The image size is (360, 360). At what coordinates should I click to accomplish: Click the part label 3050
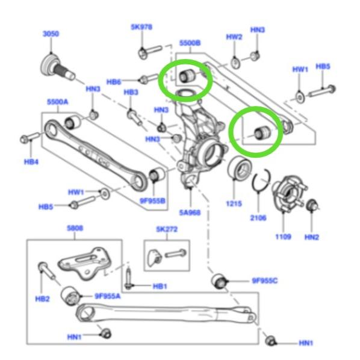point(51,34)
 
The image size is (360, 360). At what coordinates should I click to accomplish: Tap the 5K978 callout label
point(141,27)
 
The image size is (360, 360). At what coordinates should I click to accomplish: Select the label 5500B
point(190,43)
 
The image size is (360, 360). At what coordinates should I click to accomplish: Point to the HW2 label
point(234,37)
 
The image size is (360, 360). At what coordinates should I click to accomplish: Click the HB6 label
point(114,82)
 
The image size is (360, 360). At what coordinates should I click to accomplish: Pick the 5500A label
point(57,102)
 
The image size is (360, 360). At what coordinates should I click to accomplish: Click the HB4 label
point(31,162)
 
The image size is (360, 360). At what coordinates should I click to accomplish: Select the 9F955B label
point(152,201)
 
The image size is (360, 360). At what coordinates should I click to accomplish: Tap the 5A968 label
point(190,213)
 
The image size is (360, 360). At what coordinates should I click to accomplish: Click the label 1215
point(234,203)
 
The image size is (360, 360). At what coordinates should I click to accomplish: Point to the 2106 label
point(258,218)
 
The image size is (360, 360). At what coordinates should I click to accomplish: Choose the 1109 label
point(284,237)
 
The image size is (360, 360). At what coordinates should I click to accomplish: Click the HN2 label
point(312,237)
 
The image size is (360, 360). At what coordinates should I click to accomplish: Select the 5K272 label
point(167,229)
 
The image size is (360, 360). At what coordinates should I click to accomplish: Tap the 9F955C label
point(265,281)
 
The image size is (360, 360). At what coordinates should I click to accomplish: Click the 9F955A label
point(107,296)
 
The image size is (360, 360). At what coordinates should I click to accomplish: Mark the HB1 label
point(160,287)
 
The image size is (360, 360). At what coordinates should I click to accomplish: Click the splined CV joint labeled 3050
point(57,67)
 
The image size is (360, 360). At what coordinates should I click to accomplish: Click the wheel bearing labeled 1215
point(239,167)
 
